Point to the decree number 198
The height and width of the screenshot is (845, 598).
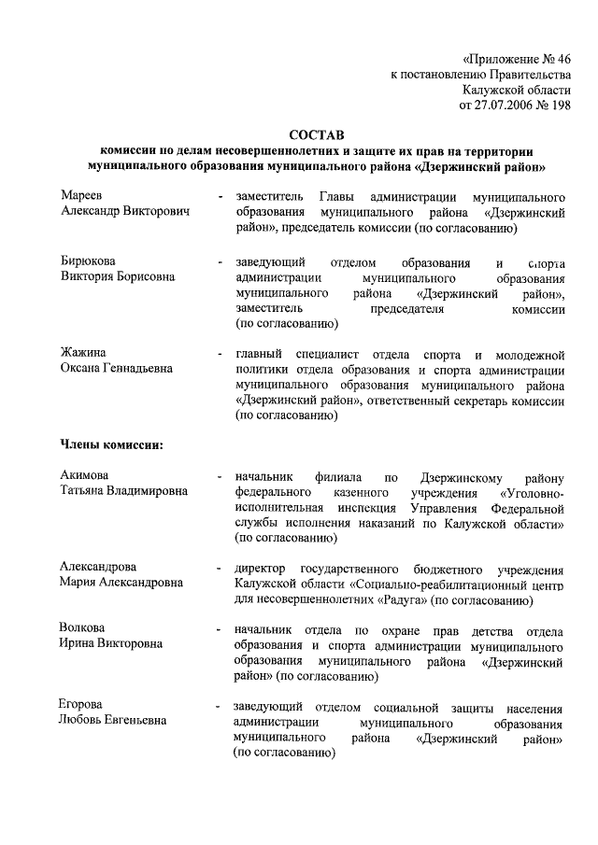coord(558,106)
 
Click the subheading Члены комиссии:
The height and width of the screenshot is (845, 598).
coord(112,444)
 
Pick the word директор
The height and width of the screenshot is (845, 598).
coord(264,568)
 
